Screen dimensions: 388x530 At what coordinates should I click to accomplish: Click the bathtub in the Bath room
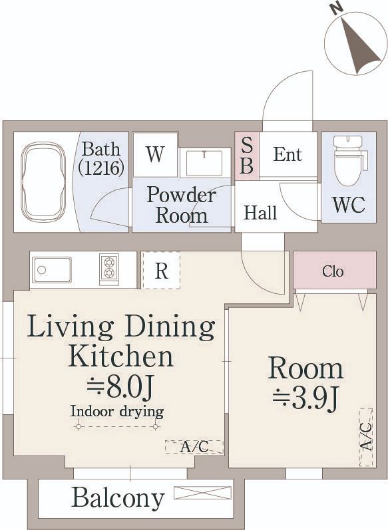pyautogui.click(x=43, y=182)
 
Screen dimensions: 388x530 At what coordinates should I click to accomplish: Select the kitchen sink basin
pyautogui.click(x=52, y=270)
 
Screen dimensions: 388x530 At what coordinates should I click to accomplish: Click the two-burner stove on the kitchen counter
pyautogui.click(x=109, y=269)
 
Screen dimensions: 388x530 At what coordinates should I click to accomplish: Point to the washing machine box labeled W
pyautogui.click(x=155, y=154)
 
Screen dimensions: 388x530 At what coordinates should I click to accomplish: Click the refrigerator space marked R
pyautogui.click(x=161, y=270)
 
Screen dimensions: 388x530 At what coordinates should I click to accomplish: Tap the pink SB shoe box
pyautogui.click(x=248, y=156)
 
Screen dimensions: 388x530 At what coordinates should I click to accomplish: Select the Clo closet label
pyautogui.click(x=333, y=271)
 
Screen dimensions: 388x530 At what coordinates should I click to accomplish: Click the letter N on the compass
pyautogui.click(x=338, y=9)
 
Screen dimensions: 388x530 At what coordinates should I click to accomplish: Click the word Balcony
pyautogui.click(x=118, y=497)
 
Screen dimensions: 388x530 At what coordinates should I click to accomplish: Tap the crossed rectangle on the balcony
pyautogui.click(x=202, y=493)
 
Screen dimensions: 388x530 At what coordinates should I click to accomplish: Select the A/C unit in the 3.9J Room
pyautogui.click(x=365, y=438)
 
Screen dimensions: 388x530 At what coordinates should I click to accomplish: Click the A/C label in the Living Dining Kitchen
pyautogui.click(x=194, y=447)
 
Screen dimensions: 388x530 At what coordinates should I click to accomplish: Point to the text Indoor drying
pyautogui.click(x=117, y=412)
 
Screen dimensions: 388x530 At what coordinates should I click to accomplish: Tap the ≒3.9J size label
pyautogui.click(x=305, y=399)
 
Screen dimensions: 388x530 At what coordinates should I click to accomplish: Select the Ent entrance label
pyautogui.click(x=288, y=154)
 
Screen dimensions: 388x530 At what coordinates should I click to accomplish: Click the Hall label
pyautogui.click(x=260, y=213)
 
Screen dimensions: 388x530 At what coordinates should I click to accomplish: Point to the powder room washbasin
pyautogui.click(x=204, y=163)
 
